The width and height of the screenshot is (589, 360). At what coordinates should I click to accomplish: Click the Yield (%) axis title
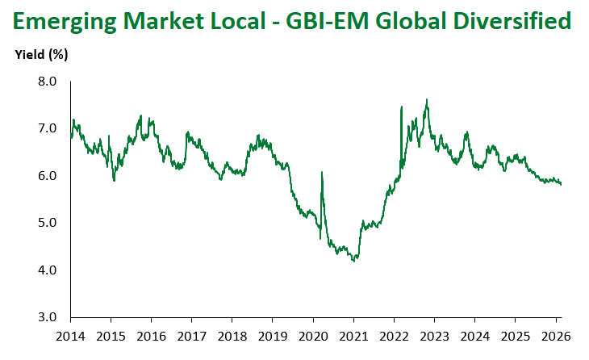click(41, 56)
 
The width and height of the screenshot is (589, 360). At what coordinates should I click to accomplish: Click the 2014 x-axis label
click(71, 335)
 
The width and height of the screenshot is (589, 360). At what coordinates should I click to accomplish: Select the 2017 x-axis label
click(192, 335)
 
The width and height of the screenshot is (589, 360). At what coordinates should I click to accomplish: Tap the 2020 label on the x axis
click(313, 335)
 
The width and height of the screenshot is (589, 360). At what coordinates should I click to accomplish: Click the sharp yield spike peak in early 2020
click(322, 172)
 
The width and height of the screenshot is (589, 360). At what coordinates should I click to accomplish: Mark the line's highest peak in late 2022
click(426, 99)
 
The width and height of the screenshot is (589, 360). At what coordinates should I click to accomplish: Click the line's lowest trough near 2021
click(354, 261)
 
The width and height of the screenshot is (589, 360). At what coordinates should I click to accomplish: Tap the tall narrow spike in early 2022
click(401, 107)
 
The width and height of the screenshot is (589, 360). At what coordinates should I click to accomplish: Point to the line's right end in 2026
click(562, 184)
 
